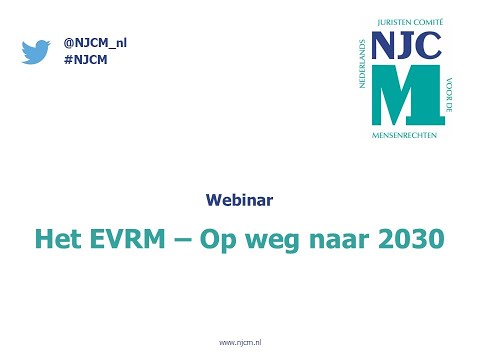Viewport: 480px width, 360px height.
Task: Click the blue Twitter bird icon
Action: tap(36, 50)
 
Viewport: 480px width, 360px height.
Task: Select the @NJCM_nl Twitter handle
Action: tap(95, 42)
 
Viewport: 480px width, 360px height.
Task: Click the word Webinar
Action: tap(239, 200)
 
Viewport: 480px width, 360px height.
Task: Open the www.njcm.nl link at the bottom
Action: tap(240, 343)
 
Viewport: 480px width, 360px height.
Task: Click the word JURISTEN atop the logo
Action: tap(391, 22)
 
